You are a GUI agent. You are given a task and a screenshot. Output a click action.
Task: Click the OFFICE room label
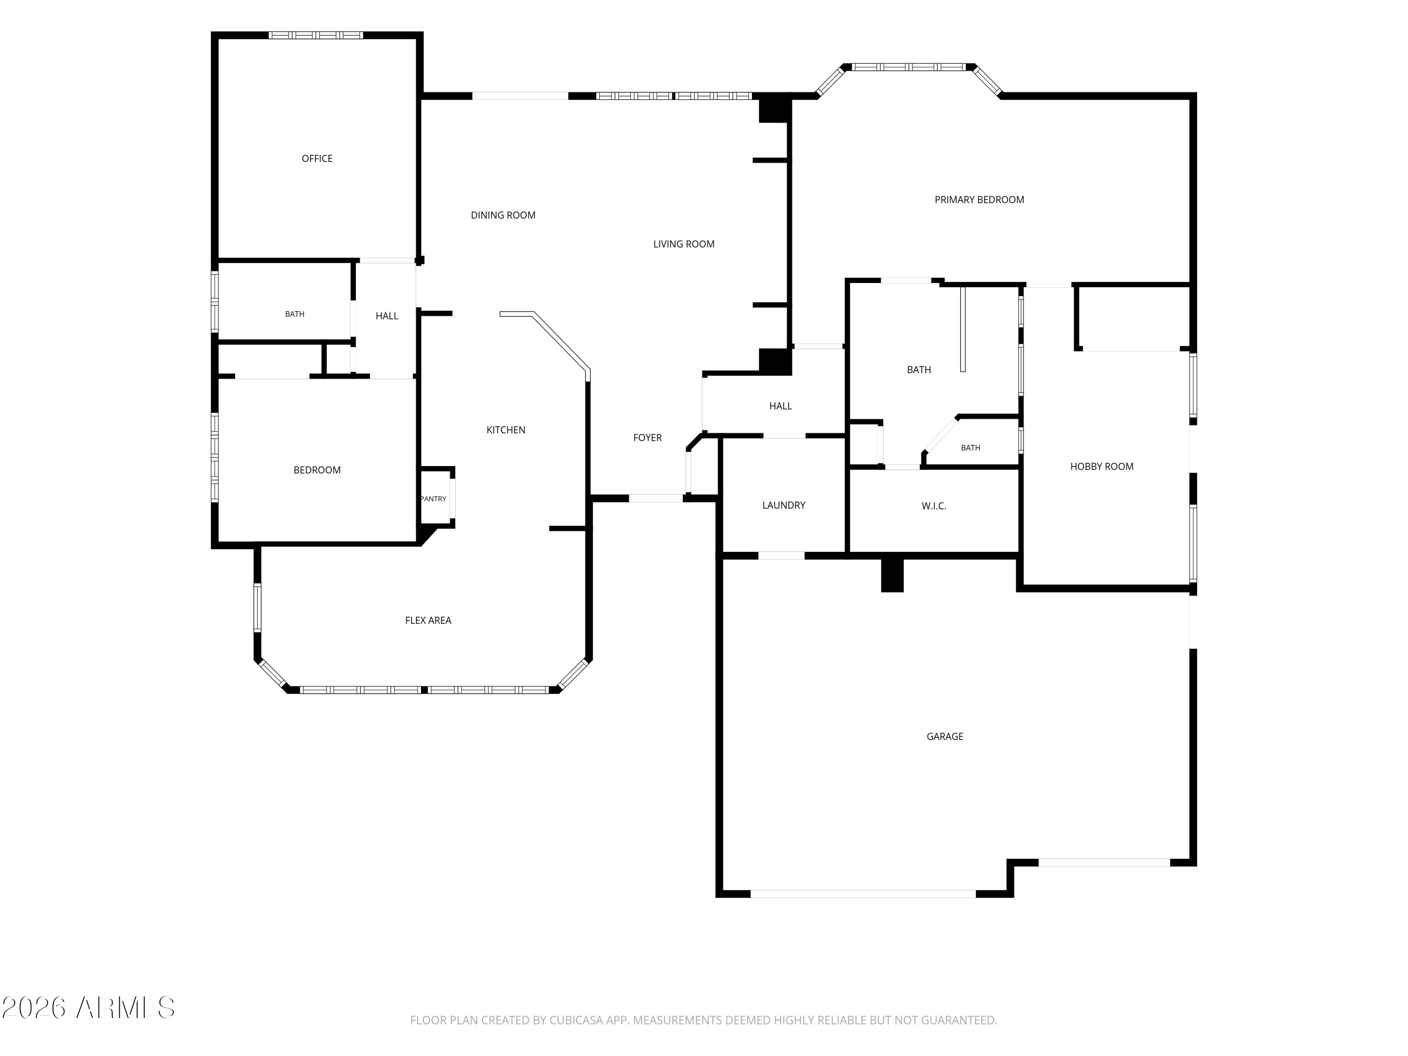[317, 159]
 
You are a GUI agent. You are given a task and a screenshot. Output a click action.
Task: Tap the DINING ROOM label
[503, 215]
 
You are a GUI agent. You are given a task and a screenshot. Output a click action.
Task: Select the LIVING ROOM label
[684, 244]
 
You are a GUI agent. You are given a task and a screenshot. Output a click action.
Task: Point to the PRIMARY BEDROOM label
[979, 200]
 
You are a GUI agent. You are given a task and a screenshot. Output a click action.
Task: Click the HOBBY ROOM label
[1102, 467]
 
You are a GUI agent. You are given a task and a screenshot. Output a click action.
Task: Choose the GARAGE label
[945, 736]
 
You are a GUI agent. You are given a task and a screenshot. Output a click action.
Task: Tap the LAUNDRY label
[784, 505]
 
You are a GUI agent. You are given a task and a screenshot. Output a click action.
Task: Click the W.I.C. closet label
[934, 506]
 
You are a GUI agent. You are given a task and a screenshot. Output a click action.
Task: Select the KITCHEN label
[505, 430]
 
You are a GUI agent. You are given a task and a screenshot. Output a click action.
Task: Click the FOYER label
[647, 438]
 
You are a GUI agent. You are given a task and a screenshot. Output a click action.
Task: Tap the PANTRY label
[434, 499]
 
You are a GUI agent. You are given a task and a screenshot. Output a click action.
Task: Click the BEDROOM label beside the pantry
[317, 470]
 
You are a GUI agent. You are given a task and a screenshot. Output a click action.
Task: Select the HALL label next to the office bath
[387, 316]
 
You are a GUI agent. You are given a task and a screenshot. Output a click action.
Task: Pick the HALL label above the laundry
[781, 406]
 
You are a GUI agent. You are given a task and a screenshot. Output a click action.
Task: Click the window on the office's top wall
[316, 35]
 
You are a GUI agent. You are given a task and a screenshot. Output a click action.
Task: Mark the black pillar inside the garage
[892, 575]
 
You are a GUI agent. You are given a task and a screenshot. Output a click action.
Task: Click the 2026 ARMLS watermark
[89, 1008]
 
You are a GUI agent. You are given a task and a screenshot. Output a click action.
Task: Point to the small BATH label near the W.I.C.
[970, 448]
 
